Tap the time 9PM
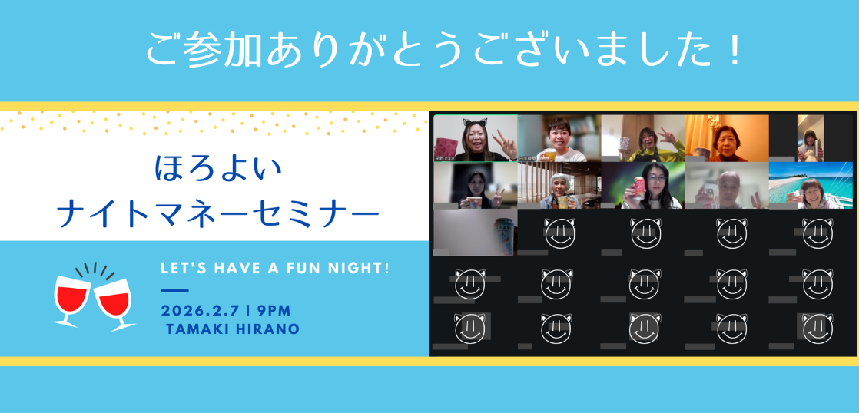[274, 311]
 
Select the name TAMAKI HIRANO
[234, 329]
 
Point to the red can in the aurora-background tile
[635, 190]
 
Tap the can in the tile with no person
[503, 233]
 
